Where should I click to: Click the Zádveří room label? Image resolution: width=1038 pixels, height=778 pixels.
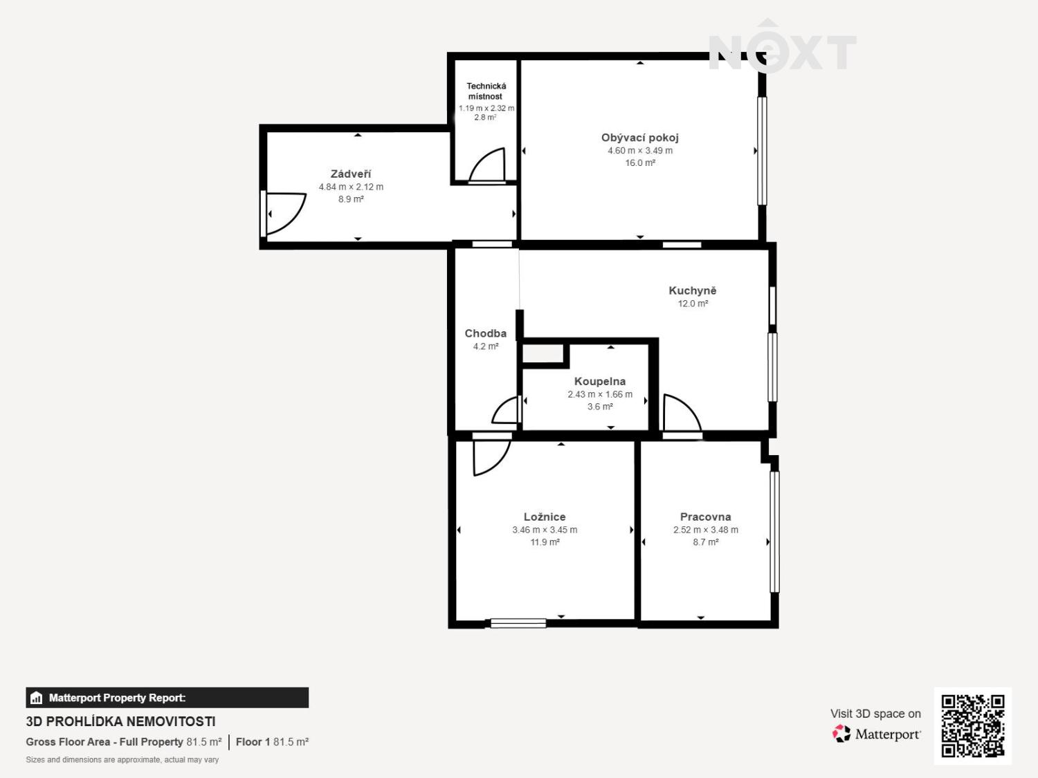pyautogui.click(x=351, y=174)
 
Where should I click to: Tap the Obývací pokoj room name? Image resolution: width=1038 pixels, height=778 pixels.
pyautogui.click(x=640, y=138)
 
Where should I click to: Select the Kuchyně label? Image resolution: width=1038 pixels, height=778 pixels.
pyautogui.click(x=692, y=291)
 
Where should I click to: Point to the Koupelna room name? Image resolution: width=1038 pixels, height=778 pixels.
pyautogui.click(x=600, y=382)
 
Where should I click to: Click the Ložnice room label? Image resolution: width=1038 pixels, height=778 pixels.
pyautogui.click(x=545, y=517)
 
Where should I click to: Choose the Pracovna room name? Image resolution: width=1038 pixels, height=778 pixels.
pyautogui.click(x=705, y=517)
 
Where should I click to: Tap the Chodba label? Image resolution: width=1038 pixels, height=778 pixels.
pyautogui.click(x=485, y=334)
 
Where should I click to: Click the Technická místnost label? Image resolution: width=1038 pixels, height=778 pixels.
pyautogui.click(x=486, y=91)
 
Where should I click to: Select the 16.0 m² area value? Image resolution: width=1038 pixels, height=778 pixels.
pyautogui.click(x=640, y=163)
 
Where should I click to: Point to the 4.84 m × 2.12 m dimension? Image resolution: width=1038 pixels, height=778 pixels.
pyautogui.click(x=351, y=187)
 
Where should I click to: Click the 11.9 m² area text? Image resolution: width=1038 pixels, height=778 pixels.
pyautogui.click(x=545, y=543)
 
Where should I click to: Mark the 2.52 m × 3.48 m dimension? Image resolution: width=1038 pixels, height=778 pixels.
pyautogui.click(x=705, y=530)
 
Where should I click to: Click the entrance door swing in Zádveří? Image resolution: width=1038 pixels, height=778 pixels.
pyautogui.click(x=285, y=213)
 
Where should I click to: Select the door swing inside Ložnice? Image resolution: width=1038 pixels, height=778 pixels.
pyautogui.click(x=491, y=456)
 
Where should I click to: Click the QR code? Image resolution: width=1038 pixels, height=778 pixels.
pyautogui.click(x=972, y=726)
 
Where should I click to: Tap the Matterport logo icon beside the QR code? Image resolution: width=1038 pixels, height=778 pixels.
pyautogui.click(x=841, y=734)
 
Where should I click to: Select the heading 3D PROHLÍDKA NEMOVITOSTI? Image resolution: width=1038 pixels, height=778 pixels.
pyautogui.click(x=120, y=722)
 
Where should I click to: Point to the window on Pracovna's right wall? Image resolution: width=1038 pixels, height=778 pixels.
pyautogui.click(x=774, y=531)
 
